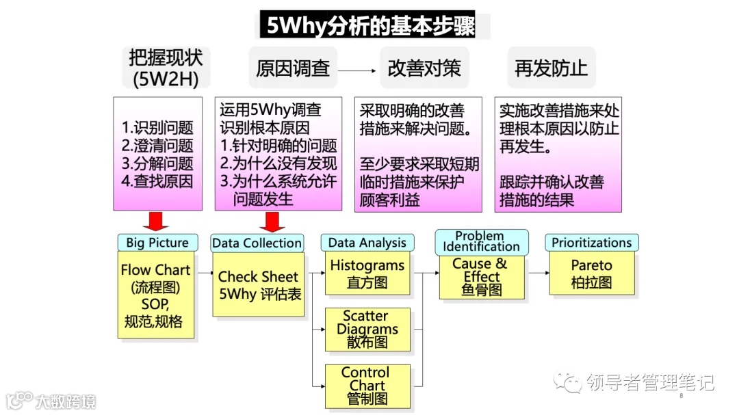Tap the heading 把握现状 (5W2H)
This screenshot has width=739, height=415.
(x=165, y=68)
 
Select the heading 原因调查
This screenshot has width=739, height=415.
(x=293, y=68)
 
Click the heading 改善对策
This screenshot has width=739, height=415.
(x=424, y=68)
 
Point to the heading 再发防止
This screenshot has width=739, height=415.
(x=552, y=68)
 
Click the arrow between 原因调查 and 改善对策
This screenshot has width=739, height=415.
(x=358, y=70)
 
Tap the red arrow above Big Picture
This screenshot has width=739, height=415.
(x=157, y=222)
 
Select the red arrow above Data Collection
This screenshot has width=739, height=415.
(x=272, y=222)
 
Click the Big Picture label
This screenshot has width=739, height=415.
(x=157, y=243)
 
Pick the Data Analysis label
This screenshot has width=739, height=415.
(x=367, y=243)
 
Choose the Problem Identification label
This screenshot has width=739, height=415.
(x=481, y=241)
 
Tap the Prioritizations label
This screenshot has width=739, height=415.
(x=591, y=243)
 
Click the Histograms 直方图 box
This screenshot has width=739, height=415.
(x=367, y=273)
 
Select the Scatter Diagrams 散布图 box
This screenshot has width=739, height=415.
(x=367, y=329)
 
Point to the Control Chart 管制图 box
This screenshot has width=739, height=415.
(x=367, y=385)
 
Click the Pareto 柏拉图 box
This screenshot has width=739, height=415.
(x=591, y=273)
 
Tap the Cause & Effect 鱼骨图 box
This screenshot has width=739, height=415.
(x=481, y=277)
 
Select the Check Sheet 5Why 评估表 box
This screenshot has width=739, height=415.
(x=258, y=285)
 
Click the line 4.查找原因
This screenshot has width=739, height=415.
(x=157, y=181)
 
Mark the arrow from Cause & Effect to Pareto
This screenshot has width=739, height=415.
(x=538, y=273)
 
